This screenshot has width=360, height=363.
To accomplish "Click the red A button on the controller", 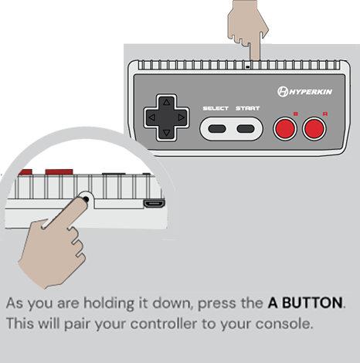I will [314, 128].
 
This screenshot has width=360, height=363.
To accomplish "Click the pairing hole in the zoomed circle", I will [86, 198].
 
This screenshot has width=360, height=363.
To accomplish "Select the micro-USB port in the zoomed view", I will [151, 205].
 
